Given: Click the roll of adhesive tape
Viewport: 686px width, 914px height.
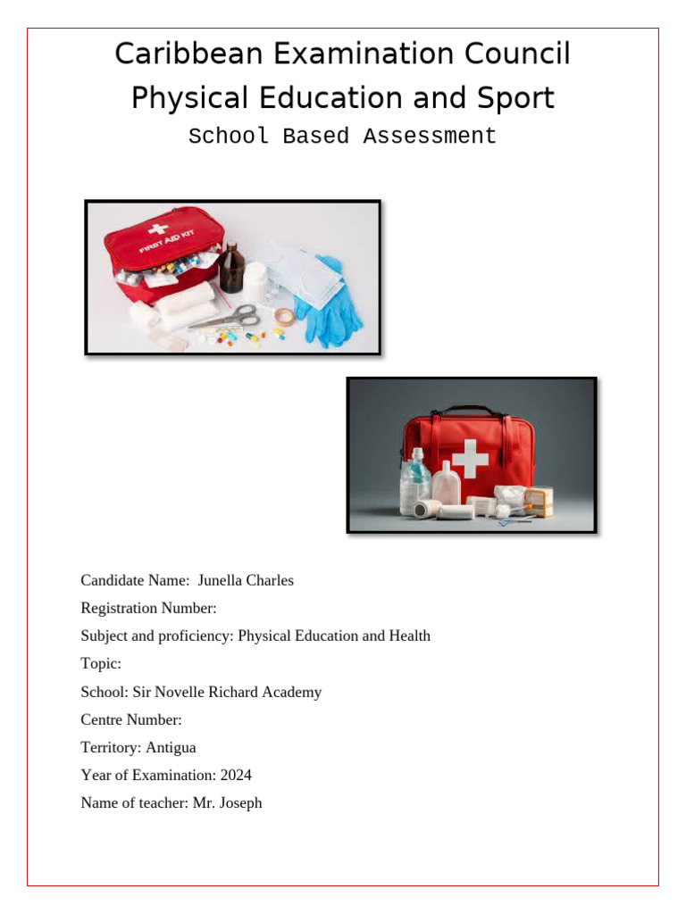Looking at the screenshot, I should click(285, 317).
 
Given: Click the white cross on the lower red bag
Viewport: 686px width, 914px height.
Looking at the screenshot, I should click(470, 459).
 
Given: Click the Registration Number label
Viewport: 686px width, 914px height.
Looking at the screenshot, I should click(148, 609).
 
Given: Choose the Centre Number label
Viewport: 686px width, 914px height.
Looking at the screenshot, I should click(131, 719).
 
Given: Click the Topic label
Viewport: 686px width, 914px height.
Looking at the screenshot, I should click(100, 664).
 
